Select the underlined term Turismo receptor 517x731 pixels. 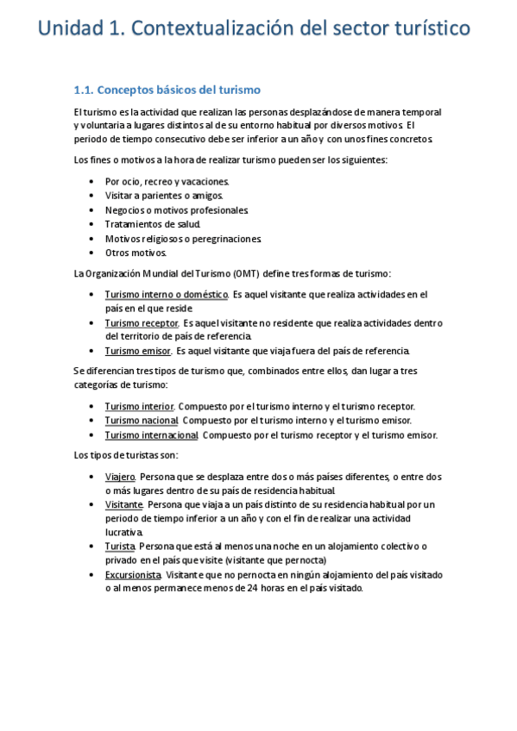coord(141,322)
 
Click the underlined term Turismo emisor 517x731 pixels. coord(137,351)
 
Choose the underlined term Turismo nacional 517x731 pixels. coord(141,420)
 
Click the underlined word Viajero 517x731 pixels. coord(119,477)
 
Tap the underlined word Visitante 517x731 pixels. coord(123,504)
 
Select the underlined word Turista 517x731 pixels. coord(120,547)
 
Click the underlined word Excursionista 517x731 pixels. coord(133,574)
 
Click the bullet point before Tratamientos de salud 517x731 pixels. coord(91,224)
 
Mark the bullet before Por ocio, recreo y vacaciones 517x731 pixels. coord(91,182)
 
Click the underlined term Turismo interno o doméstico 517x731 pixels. coord(166,294)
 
